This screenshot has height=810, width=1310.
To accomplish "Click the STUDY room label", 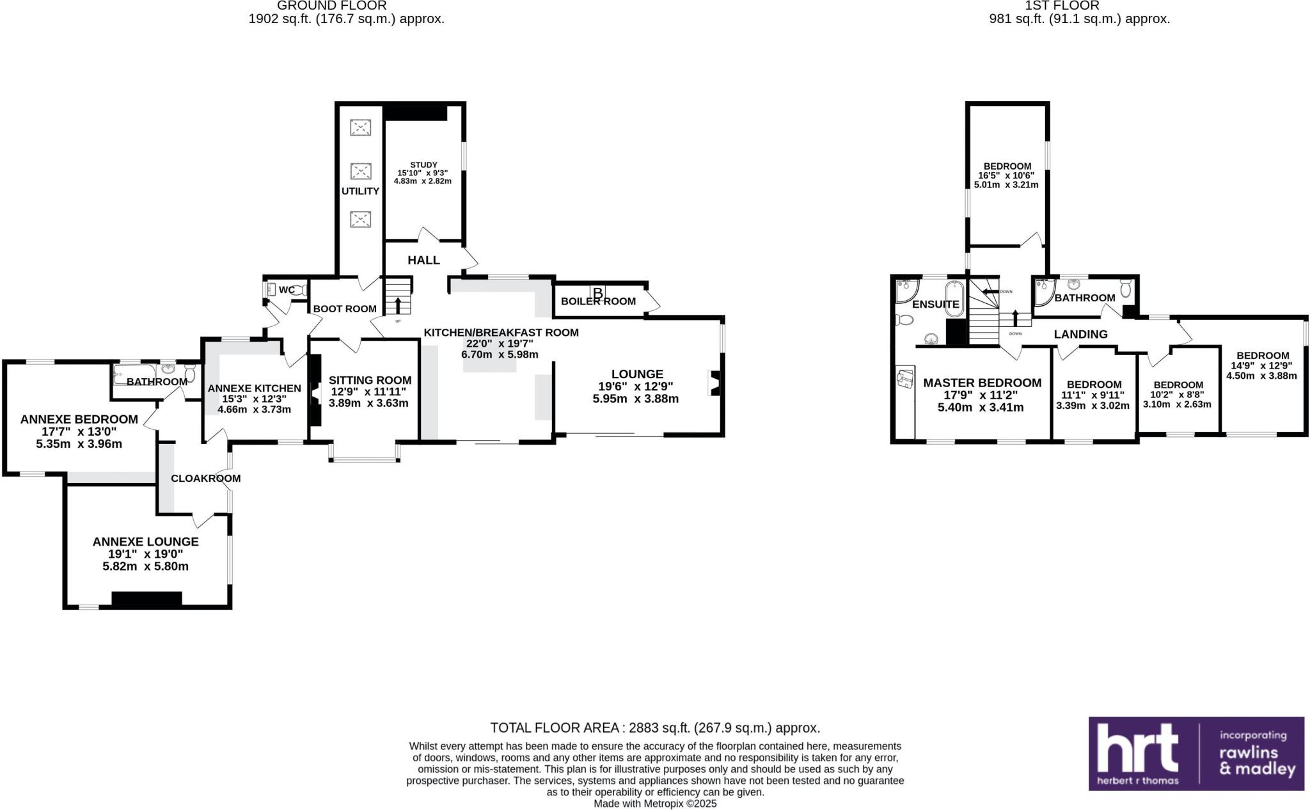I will [423, 165].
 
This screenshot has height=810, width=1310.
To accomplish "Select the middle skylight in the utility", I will [361, 171].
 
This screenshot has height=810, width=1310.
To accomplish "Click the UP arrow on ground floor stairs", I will [398, 305].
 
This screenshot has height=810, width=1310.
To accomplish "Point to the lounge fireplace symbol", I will [715, 384].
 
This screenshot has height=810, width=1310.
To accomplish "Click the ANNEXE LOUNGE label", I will [146, 542].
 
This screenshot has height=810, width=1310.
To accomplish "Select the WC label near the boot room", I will [287, 290].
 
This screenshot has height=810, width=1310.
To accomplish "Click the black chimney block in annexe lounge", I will [146, 599].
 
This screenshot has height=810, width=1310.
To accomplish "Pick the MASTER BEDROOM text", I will [982, 383].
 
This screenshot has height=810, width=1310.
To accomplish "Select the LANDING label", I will [1080, 334].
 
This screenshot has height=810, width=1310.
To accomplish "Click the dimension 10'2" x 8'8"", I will [1178, 395].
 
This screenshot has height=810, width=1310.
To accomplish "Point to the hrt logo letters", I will [1137, 748].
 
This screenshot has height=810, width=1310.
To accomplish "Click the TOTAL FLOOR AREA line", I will [654, 728].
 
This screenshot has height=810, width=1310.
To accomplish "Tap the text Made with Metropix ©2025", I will [655, 804].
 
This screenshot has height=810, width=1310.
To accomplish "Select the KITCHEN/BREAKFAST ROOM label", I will [501, 333].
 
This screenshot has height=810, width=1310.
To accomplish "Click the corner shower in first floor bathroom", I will [1045, 292].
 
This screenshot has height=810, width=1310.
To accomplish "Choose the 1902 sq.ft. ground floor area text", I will [346, 19].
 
